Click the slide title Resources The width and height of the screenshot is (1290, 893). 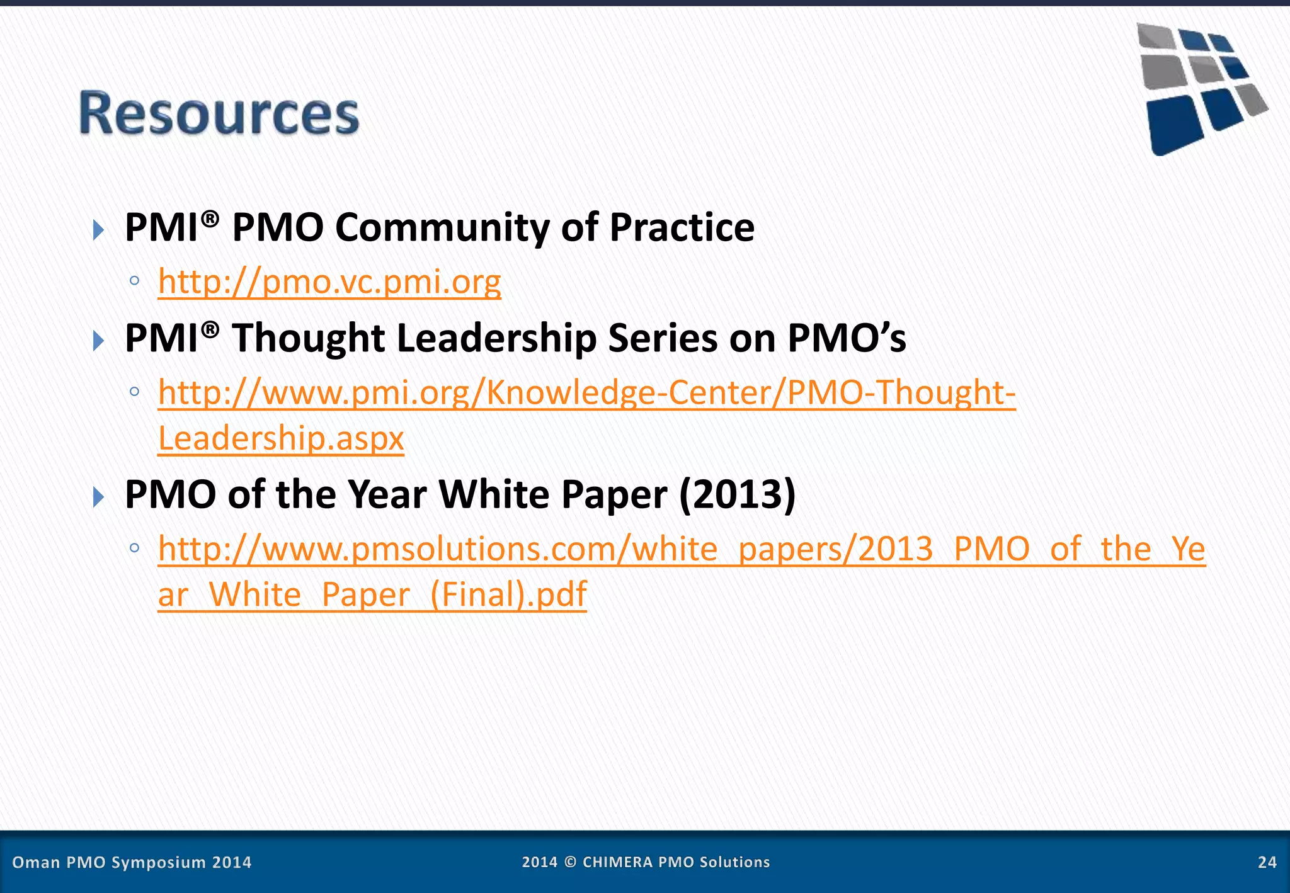pos(219,113)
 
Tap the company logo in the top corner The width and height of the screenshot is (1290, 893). pos(1200,88)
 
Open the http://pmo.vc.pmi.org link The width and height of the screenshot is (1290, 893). pos(329,282)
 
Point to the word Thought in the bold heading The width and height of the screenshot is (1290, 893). pos(308,338)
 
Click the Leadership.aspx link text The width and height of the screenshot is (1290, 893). pos(281,438)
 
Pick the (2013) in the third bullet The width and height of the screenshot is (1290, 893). pos(737,494)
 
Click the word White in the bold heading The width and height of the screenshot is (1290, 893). pos(494,494)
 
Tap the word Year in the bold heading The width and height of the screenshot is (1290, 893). pos(387,494)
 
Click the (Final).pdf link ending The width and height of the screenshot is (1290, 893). pos(508,594)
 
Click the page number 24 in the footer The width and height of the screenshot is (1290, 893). pos(1267,862)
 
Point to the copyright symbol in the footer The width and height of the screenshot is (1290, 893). pos(570,862)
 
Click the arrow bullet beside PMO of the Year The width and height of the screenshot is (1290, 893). pos(98,497)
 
